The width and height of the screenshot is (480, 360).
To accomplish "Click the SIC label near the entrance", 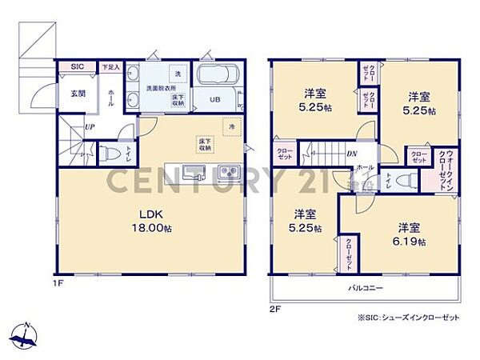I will pyautogui.click(x=78, y=67).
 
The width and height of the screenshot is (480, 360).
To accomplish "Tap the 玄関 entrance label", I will pyautogui.click(x=78, y=94).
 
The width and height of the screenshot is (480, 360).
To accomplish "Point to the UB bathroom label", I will pyautogui.click(x=215, y=99).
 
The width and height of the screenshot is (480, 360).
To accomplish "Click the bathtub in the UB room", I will pyautogui.click(x=218, y=78).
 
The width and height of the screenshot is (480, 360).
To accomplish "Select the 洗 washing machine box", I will pyautogui.click(x=178, y=74).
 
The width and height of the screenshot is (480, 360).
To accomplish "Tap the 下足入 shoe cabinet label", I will pyautogui.click(x=110, y=67).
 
